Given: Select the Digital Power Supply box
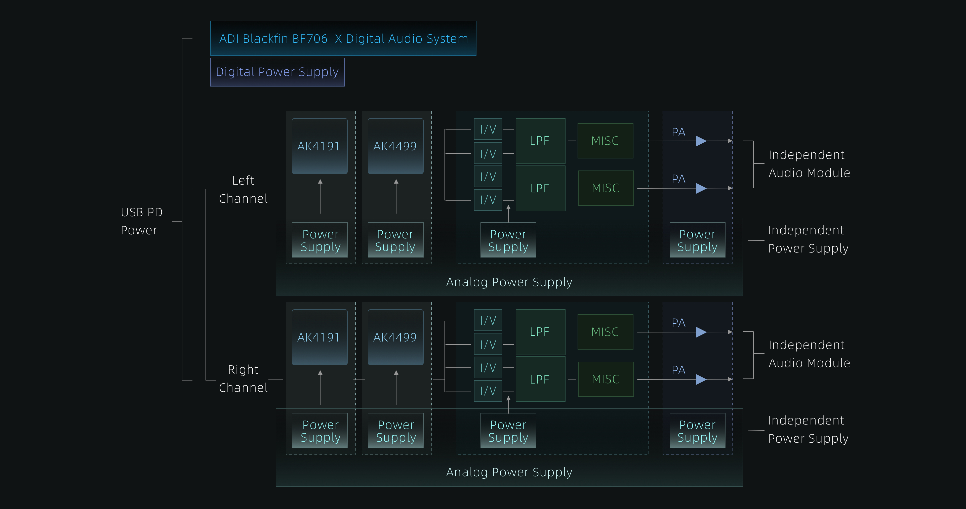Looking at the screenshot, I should click(x=277, y=72).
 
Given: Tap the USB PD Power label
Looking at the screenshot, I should click(x=141, y=221).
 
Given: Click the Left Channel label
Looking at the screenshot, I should click(x=243, y=189).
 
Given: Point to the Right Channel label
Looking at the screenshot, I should click(x=243, y=378).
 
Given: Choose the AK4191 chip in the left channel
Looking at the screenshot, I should click(x=319, y=146).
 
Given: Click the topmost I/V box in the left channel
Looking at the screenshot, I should click(x=488, y=129).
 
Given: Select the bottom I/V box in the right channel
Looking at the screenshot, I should click(x=488, y=391).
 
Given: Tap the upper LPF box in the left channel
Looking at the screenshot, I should click(x=540, y=141).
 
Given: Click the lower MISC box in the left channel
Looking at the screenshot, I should click(x=606, y=188).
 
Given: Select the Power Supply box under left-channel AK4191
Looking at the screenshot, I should click(x=320, y=240).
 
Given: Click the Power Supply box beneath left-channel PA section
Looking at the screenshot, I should click(x=697, y=240).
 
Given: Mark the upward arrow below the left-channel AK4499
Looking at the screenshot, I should click(x=396, y=196).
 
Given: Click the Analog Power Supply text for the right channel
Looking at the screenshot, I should click(x=509, y=472).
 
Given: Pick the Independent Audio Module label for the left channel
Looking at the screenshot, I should click(x=809, y=164).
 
